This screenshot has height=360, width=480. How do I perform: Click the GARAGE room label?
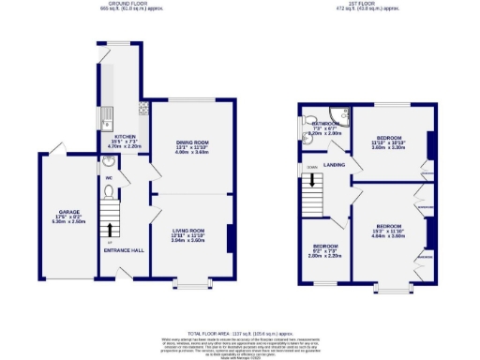click(67, 212)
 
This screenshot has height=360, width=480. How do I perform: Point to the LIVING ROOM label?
click(187, 230)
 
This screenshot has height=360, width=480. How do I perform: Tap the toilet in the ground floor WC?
click(109, 192)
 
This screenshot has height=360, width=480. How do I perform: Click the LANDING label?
click(335, 164)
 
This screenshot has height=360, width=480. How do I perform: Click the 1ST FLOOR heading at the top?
click(362, 4)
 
